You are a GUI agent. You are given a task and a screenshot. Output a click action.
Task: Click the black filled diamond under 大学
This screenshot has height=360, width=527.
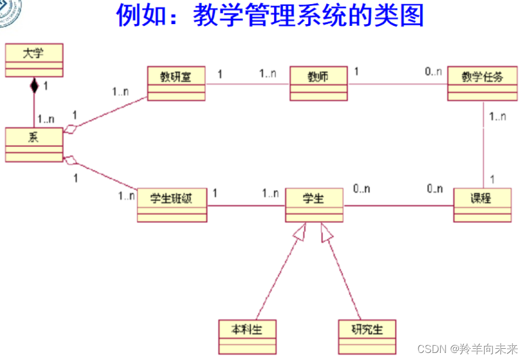pos(34,86)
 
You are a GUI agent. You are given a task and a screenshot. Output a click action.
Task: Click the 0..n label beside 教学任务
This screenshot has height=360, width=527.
pos(433,72)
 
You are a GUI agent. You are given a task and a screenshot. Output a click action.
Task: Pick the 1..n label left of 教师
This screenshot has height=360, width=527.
pos(268,75)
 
